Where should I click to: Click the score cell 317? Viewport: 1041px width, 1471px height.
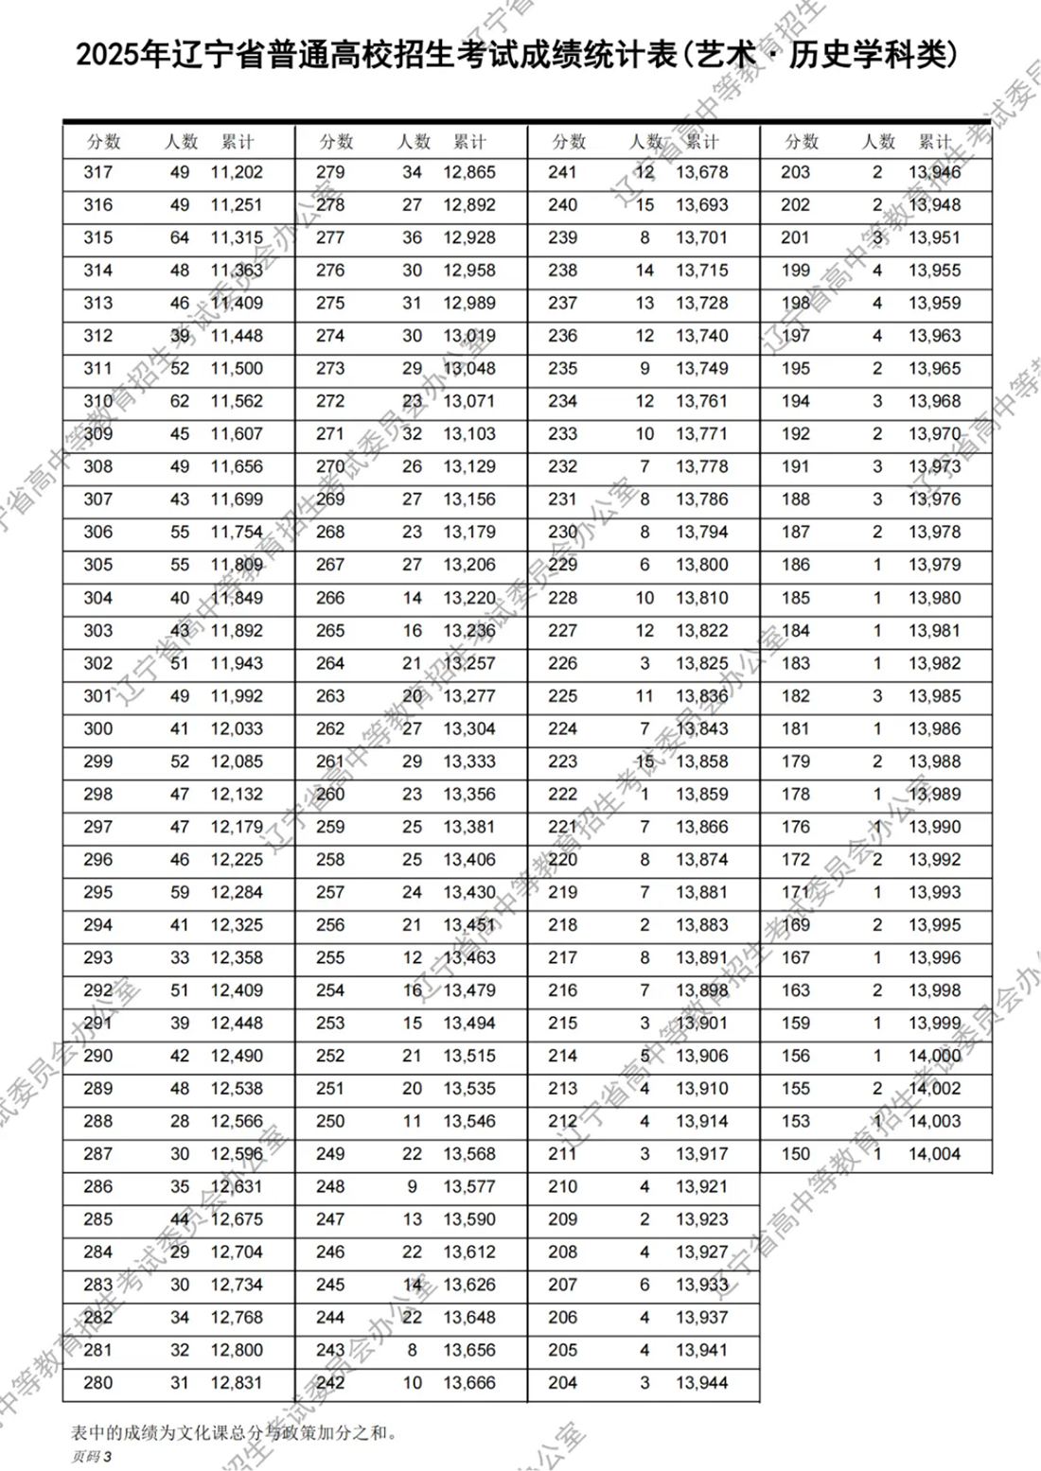[x=97, y=172]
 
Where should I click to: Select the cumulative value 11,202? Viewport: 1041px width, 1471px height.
[x=237, y=172]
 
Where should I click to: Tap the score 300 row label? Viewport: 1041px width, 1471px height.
[x=97, y=728]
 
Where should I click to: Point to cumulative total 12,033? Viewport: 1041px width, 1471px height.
[x=237, y=728]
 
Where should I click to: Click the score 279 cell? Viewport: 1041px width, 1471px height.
[x=330, y=172]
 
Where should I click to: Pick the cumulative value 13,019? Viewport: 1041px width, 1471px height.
[x=469, y=336]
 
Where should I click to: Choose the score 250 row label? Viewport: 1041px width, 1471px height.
[x=330, y=1121]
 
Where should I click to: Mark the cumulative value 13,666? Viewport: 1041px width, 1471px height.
[x=469, y=1383]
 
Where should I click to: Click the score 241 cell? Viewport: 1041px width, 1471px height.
[x=562, y=172]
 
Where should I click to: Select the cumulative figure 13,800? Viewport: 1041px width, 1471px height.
[x=702, y=565]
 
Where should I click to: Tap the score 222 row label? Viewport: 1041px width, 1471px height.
[x=562, y=794]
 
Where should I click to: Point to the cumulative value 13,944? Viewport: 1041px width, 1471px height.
[x=702, y=1383]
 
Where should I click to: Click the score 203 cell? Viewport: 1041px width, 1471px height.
[x=795, y=172]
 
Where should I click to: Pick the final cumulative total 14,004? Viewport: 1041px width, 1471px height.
[x=934, y=1154]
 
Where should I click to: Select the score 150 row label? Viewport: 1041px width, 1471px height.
[x=795, y=1154]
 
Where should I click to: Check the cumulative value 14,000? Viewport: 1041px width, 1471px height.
[x=934, y=1056]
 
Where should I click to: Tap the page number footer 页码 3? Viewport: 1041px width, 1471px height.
[x=91, y=1457]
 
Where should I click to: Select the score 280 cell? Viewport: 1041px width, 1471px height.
[x=97, y=1383]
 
